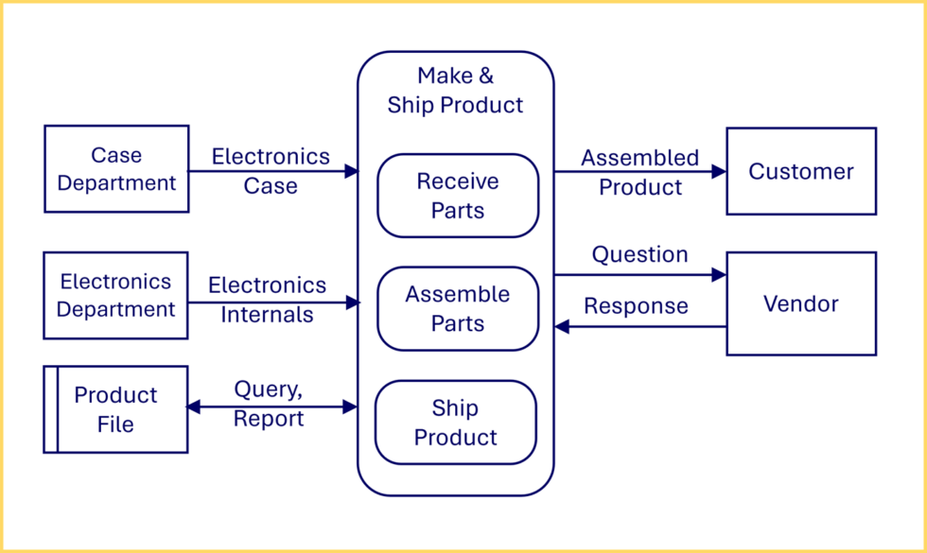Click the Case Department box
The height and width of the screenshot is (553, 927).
(x=116, y=168)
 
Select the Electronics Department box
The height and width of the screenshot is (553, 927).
(x=116, y=295)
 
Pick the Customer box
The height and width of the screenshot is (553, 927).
(x=801, y=171)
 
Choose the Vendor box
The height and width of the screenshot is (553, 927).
(x=801, y=303)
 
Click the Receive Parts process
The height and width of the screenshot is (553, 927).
(x=458, y=196)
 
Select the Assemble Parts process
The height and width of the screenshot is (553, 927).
(x=458, y=309)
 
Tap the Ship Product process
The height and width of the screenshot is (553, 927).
(x=456, y=423)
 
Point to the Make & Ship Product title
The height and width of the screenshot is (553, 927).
(x=455, y=90)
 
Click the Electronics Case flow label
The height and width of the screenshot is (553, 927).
(x=271, y=171)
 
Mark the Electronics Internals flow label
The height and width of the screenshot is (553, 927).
(x=267, y=300)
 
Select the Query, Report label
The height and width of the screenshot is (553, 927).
(x=269, y=404)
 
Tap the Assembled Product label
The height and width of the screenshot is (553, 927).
(x=640, y=172)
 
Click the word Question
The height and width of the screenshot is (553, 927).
(x=640, y=254)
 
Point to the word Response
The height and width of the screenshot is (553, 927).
(x=636, y=306)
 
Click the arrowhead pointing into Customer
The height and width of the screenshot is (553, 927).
(x=719, y=171)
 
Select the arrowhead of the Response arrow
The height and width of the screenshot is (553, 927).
(x=561, y=326)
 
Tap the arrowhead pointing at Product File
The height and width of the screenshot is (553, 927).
(x=194, y=406)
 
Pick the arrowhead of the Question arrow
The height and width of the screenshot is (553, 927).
(x=719, y=275)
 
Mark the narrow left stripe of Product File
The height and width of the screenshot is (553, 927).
(x=51, y=409)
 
